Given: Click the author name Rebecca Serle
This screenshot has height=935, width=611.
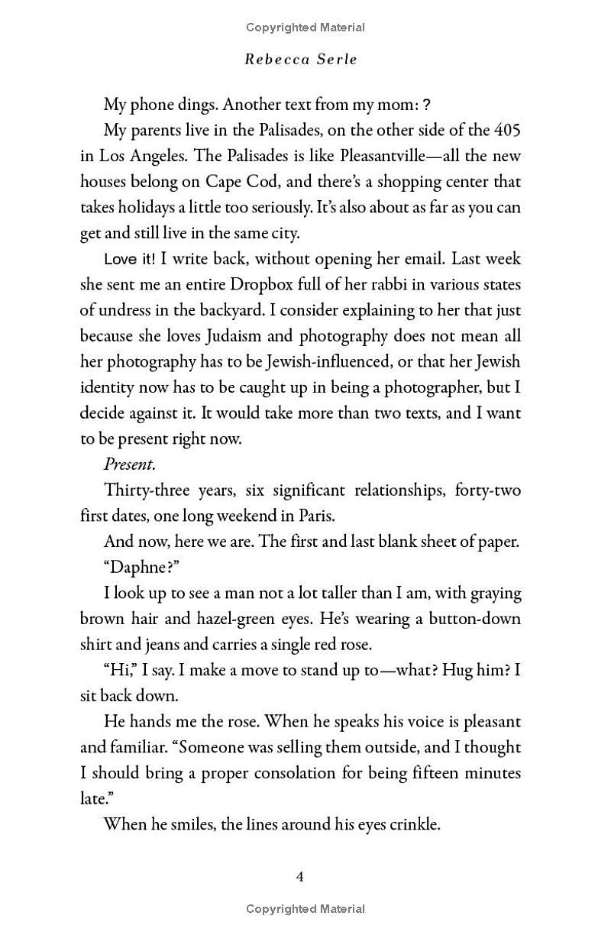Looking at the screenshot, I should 300,60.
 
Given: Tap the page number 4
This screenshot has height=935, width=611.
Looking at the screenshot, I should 300,876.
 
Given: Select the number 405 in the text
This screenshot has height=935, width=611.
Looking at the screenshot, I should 507,130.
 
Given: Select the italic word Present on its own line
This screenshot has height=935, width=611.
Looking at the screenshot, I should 129,464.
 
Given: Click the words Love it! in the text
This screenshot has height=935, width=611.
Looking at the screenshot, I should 129,259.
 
